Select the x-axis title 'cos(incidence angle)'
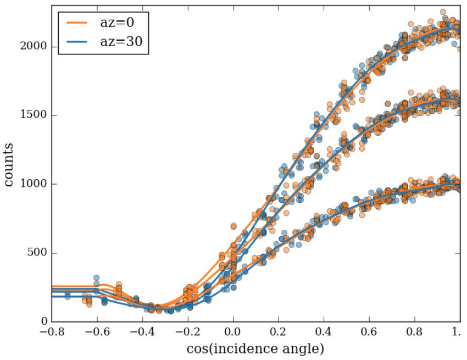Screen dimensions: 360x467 (255, 348)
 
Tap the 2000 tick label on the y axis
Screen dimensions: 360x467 (34, 47)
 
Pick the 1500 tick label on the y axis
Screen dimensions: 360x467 (34, 115)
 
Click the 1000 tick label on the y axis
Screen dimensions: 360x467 (34, 184)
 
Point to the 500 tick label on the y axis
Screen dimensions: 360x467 (37, 253)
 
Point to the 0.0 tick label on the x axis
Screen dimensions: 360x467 (233, 333)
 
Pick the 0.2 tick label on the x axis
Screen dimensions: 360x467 (279, 333)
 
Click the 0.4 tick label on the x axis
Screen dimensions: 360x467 (324, 333)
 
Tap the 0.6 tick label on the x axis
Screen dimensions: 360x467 (370, 333)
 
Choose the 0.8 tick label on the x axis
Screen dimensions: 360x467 (415, 333)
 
